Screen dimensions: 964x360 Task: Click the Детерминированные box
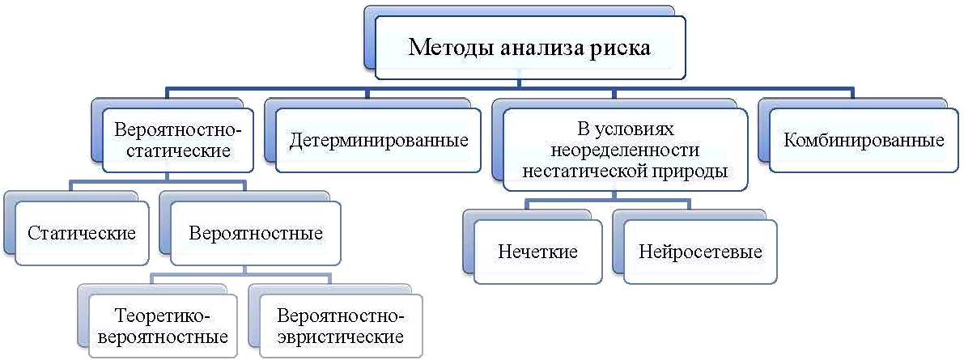pos(377,141)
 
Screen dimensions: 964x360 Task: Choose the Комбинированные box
pos(864,141)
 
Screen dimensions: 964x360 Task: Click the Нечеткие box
pos(538,252)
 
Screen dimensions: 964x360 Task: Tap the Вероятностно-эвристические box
pos(341,326)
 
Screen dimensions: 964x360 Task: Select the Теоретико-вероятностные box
pos(163,326)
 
